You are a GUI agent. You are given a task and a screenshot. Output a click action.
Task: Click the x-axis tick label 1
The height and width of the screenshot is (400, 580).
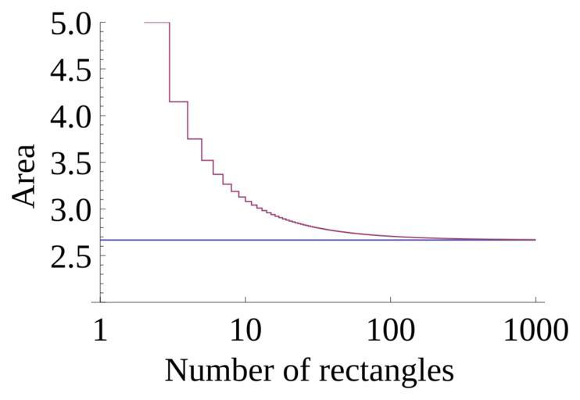point(100,331)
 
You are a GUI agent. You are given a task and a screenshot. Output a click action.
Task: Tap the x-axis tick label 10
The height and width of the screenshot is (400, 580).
point(245,331)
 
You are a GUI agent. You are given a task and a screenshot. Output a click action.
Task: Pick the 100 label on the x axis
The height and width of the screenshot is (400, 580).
point(391,331)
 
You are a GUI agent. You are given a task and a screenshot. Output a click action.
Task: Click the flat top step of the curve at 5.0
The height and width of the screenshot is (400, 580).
point(157,23)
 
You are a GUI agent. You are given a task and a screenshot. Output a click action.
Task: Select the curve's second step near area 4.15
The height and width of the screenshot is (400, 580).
point(178,102)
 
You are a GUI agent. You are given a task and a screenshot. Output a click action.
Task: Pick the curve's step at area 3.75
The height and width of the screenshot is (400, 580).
point(195,138)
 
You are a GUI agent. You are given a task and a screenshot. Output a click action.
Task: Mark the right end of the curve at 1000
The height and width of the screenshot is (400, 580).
point(535,240)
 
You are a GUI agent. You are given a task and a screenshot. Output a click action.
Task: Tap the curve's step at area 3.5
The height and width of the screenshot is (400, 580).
point(207,160)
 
